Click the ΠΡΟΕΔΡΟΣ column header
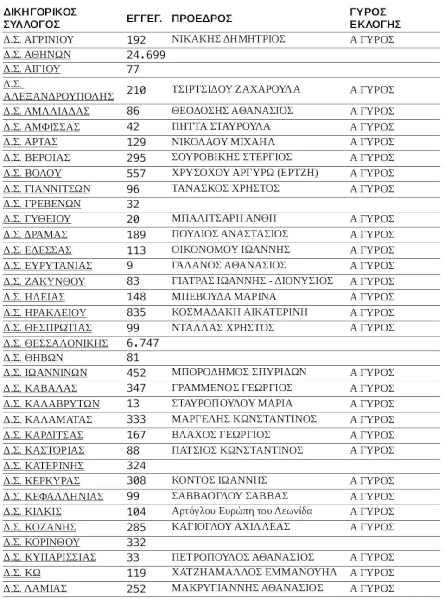pyautogui.click(x=202, y=19)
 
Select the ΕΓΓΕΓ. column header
pyautogui.click(x=144, y=19)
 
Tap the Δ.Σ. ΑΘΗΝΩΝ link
pyautogui.click(x=37, y=55)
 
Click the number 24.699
pyautogui.click(x=146, y=55)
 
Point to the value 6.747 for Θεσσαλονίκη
pyautogui.click(x=143, y=343)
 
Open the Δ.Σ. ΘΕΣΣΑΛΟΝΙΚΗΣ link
pyautogui.click(x=56, y=343)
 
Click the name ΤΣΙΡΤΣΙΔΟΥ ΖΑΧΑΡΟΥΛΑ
pyautogui.click(x=236, y=89)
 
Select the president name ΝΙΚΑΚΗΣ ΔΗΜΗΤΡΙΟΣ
pyautogui.click(x=229, y=39)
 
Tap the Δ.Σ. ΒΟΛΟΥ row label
pyautogui.click(x=32, y=173)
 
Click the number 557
pyautogui.click(x=136, y=174)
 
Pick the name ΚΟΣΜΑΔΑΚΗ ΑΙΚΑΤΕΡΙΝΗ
pyautogui.click(x=240, y=312)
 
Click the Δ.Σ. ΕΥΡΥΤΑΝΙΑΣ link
pyautogui.click(x=48, y=266)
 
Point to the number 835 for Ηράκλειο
pyautogui.click(x=136, y=312)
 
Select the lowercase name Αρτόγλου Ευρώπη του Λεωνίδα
pyautogui.click(x=242, y=511)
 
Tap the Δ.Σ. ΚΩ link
pyautogui.click(x=22, y=573)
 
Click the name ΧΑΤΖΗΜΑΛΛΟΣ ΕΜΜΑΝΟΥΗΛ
pyautogui.click(x=254, y=572)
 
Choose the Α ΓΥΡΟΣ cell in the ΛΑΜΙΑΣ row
pyautogui.click(x=372, y=588)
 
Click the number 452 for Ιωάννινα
pyautogui.click(x=136, y=373)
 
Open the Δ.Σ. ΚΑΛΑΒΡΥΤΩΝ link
pyautogui.click(x=51, y=404)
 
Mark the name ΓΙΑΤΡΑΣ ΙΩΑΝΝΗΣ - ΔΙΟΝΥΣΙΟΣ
pyautogui.click(x=252, y=281)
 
